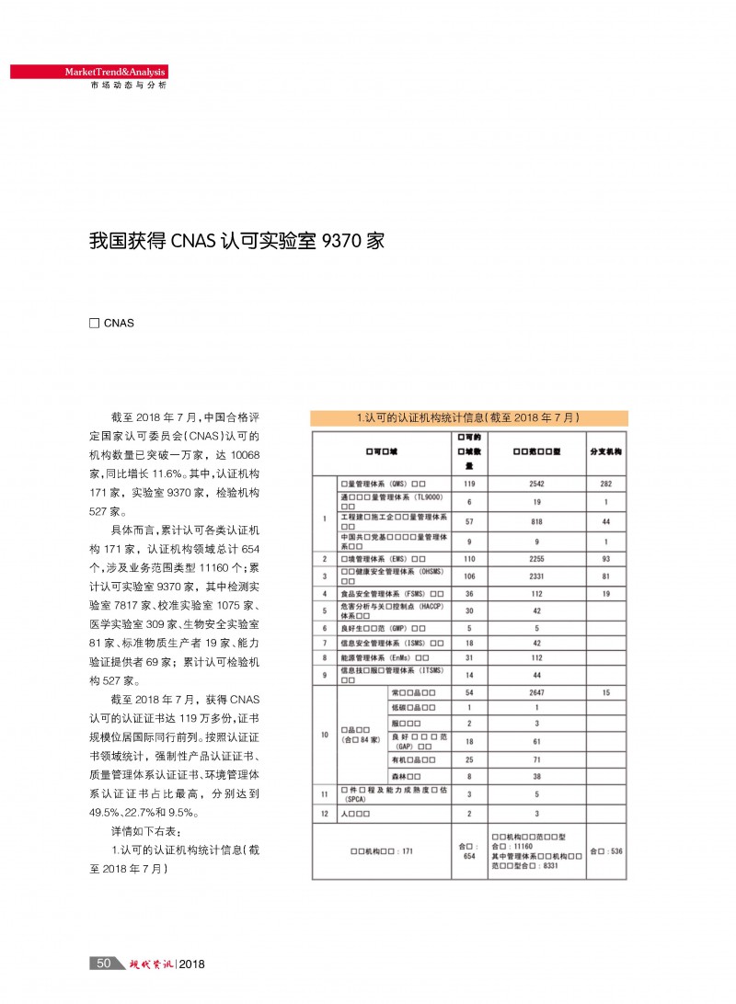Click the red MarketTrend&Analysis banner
point(88,72)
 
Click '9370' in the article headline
point(337,242)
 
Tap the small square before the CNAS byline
point(93,323)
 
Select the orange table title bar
point(468,417)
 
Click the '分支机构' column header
point(605,453)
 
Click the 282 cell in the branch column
point(605,484)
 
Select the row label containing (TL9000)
point(393,501)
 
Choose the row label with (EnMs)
point(385,657)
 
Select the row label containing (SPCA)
point(393,794)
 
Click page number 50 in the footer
point(104,963)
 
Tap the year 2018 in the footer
point(191,964)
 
